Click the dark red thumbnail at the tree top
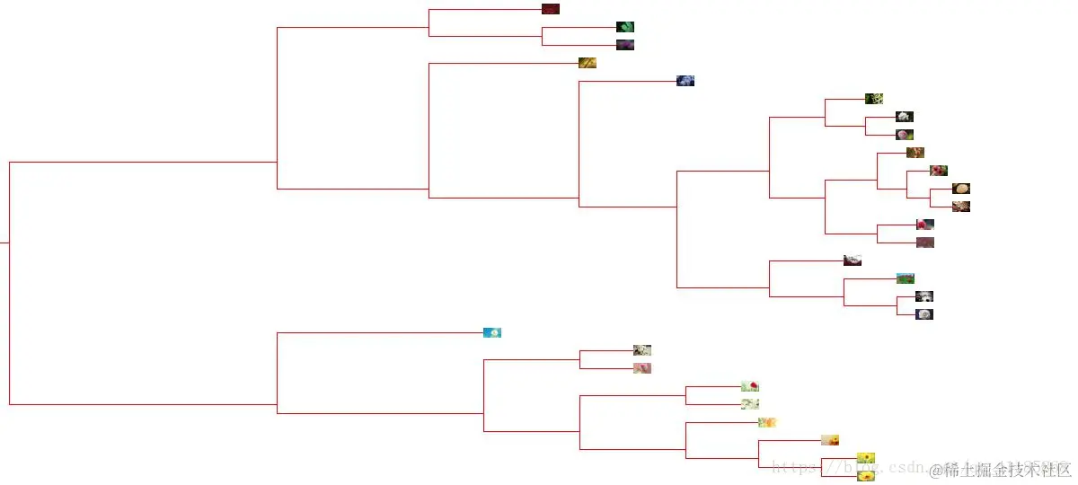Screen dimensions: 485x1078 (x=551, y=9)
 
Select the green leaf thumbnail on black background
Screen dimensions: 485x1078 (x=625, y=27)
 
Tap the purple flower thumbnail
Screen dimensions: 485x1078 (x=625, y=45)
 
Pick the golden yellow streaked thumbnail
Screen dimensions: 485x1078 (x=588, y=63)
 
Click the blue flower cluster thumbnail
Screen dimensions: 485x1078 (x=685, y=81)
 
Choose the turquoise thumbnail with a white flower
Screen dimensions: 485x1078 (x=492, y=332)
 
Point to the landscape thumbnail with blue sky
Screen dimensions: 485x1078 (x=906, y=278)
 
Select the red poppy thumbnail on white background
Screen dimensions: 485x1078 (x=750, y=386)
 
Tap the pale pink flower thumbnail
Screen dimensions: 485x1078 (x=642, y=368)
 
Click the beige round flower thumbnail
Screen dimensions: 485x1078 (x=961, y=189)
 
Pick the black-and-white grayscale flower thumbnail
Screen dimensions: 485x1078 (x=924, y=296)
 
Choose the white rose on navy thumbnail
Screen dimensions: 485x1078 (x=924, y=314)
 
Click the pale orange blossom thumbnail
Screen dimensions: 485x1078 (x=767, y=422)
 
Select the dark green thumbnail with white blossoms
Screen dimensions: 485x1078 (x=874, y=99)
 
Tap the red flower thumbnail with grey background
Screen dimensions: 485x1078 (x=925, y=225)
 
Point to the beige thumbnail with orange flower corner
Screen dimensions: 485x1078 (x=830, y=440)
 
